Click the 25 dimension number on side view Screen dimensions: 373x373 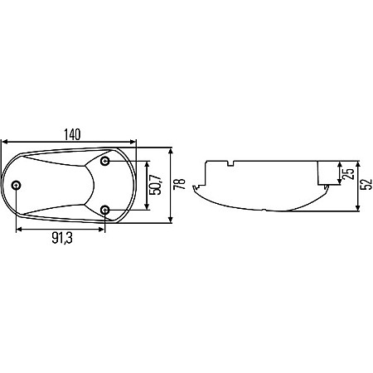pyautogui.click(x=349, y=174)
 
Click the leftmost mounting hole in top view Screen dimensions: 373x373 pyautogui.click(x=17, y=184)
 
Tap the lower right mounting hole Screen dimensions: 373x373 pyautogui.click(x=106, y=209)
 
